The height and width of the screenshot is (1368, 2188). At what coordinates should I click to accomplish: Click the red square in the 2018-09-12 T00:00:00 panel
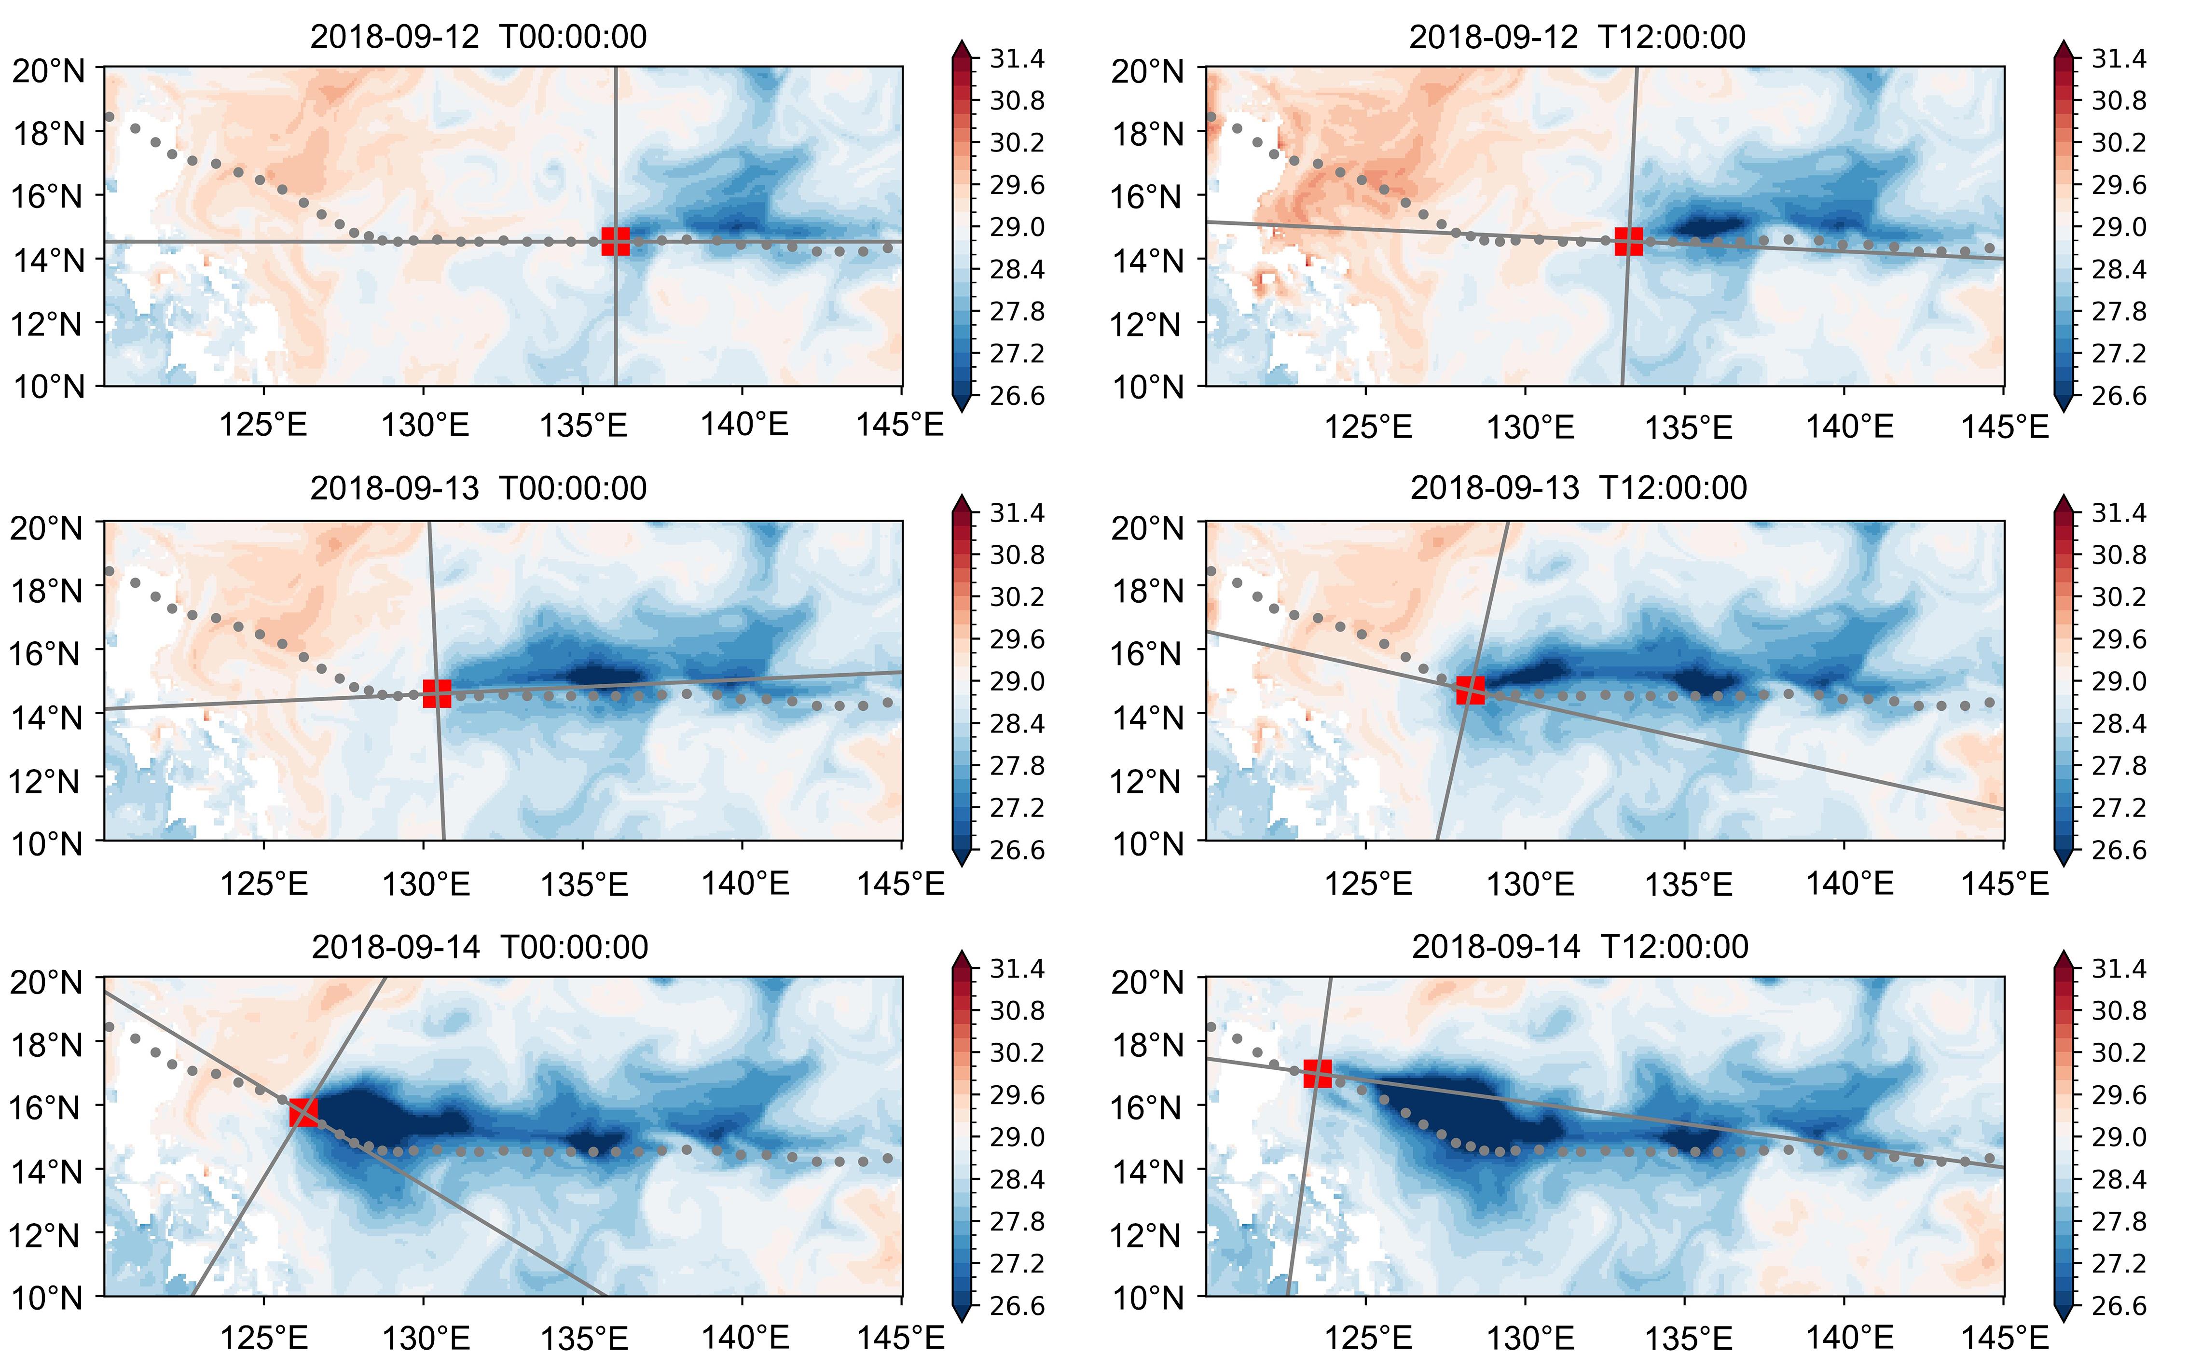(615, 242)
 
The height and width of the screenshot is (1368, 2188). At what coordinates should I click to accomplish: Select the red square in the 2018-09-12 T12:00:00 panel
(1628, 242)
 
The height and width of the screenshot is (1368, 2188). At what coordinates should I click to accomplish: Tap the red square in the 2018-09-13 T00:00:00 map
(437, 693)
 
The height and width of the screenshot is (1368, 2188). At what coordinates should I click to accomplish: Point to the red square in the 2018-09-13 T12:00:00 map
(1470, 691)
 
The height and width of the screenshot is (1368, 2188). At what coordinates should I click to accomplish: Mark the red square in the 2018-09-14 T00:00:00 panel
(303, 1112)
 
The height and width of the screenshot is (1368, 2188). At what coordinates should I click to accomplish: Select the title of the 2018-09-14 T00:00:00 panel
(480, 947)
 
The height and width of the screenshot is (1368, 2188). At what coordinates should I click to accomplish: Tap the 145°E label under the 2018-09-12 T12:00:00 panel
(2004, 427)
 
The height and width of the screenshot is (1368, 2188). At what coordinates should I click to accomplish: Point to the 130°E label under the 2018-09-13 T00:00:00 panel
(426, 884)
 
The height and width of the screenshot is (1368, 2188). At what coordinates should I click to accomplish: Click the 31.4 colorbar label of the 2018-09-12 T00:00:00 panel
(1017, 59)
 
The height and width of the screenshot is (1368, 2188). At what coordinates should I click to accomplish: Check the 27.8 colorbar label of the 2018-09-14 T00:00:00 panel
(1017, 1221)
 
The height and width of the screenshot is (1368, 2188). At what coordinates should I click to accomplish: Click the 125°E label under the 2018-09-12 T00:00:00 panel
(263, 425)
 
